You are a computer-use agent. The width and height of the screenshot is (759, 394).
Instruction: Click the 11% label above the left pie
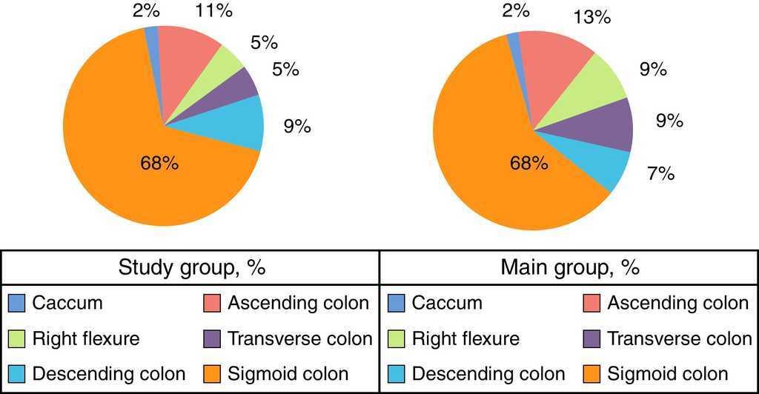[x=213, y=10]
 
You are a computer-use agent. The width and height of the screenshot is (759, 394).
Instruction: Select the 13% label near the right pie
[x=592, y=17]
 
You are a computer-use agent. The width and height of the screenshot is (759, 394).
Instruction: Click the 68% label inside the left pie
[x=159, y=163]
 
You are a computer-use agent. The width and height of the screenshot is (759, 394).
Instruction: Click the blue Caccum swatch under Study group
[x=16, y=303]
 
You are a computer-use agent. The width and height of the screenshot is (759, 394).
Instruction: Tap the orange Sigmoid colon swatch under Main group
[x=591, y=374]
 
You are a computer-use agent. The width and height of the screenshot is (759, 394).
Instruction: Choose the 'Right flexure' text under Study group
[x=86, y=338]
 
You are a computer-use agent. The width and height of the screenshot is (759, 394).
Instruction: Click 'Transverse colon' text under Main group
[x=680, y=338]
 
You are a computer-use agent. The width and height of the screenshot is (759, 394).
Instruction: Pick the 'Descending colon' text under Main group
[x=488, y=374]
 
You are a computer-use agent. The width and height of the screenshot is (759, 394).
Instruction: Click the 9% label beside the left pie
[x=296, y=127]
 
